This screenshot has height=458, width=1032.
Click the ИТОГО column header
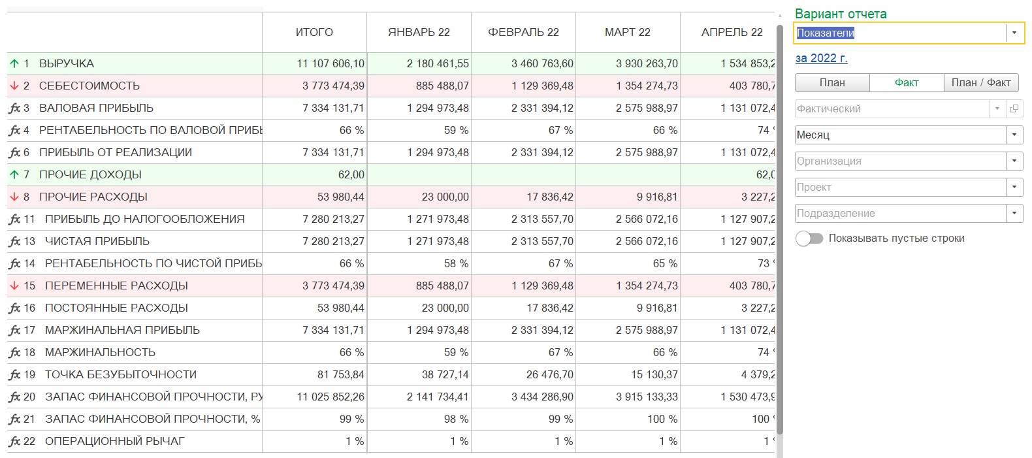pyautogui.click(x=314, y=32)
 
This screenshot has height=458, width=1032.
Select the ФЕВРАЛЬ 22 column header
pyautogui.click(x=523, y=32)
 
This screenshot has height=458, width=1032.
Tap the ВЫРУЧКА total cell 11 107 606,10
pyautogui.click(x=331, y=63)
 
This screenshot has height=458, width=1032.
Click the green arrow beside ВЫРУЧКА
pyautogui.click(x=14, y=63)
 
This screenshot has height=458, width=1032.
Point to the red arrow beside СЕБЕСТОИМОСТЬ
pyautogui.click(x=14, y=86)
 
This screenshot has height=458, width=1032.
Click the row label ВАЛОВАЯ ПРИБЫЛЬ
pyautogui.click(x=96, y=108)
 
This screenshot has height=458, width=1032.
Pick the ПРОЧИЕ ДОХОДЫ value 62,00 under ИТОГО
pyautogui.click(x=351, y=174)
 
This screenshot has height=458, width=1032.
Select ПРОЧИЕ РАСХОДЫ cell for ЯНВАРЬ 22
pyautogui.click(x=445, y=197)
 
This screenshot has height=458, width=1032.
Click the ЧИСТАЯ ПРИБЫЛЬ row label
pyautogui.click(x=97, y=241)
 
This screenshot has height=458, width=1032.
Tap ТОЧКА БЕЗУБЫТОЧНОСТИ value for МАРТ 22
pyautogui.click(x=654, y=374)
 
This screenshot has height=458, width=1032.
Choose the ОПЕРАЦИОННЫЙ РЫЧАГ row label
pyautogui.click(x=115, y=441)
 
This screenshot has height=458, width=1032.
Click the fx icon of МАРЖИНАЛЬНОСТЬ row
pyautogui.click(x=14, y=353)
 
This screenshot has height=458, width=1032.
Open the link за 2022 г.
pyautogui.click(x=822, y=58)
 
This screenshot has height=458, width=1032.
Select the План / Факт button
pyautogui.click(x=981, y=83)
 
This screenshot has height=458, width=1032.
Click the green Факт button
pyautogui.click(x=906, y=83)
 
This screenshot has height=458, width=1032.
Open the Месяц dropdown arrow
pyautogui.click(x=1014, y=135)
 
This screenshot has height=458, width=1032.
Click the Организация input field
pyautogui.click(x=900, y=161)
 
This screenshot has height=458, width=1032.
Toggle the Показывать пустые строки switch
pyautogui.click(x=809, y=238)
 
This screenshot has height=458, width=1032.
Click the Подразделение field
pyautogui.click(x=900, y=214)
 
